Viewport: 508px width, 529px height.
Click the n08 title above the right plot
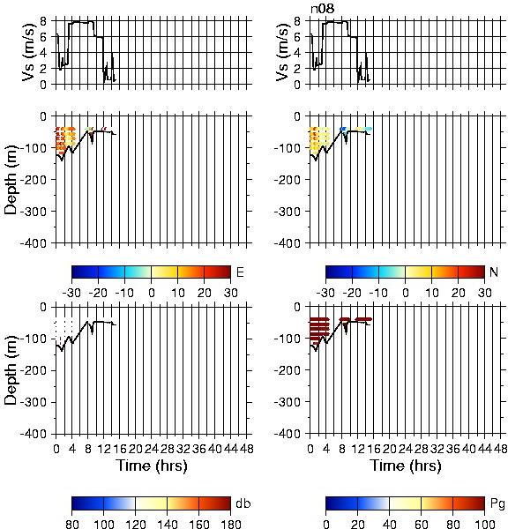[x=323, y=9]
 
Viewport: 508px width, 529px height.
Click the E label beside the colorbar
[x=240, y=272]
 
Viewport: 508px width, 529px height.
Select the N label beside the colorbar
[x=494, y=272]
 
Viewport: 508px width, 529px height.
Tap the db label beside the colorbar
[x=243, y=503]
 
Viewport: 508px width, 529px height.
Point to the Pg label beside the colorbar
[x=497, y=504]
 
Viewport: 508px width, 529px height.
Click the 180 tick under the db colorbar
[x=230, y=524]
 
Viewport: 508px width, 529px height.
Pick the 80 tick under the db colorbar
[x=72, y=524]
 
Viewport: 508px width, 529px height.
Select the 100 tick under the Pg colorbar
[x=485, y=524]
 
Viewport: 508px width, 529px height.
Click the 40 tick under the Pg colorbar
[x=389, y=524]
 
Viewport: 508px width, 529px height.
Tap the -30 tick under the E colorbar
[x=71, y=293]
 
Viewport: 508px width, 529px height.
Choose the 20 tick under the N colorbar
[x=458, y=293]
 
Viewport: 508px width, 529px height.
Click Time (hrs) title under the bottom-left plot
[x=152, y=466]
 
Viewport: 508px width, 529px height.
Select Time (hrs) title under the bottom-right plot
[x=406, y=466]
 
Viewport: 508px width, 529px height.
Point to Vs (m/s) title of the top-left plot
[x=29, y=52]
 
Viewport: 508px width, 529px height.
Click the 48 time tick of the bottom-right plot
[x=500, y=449]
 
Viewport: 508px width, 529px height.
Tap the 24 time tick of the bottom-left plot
[x=151, y=449]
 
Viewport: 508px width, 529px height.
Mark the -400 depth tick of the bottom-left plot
[x=34, y=434]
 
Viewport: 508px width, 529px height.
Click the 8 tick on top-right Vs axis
[x=297, y=21]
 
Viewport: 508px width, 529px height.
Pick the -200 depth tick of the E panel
[x=34, y=180]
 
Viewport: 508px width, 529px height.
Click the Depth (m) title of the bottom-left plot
[x=11, y=370]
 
